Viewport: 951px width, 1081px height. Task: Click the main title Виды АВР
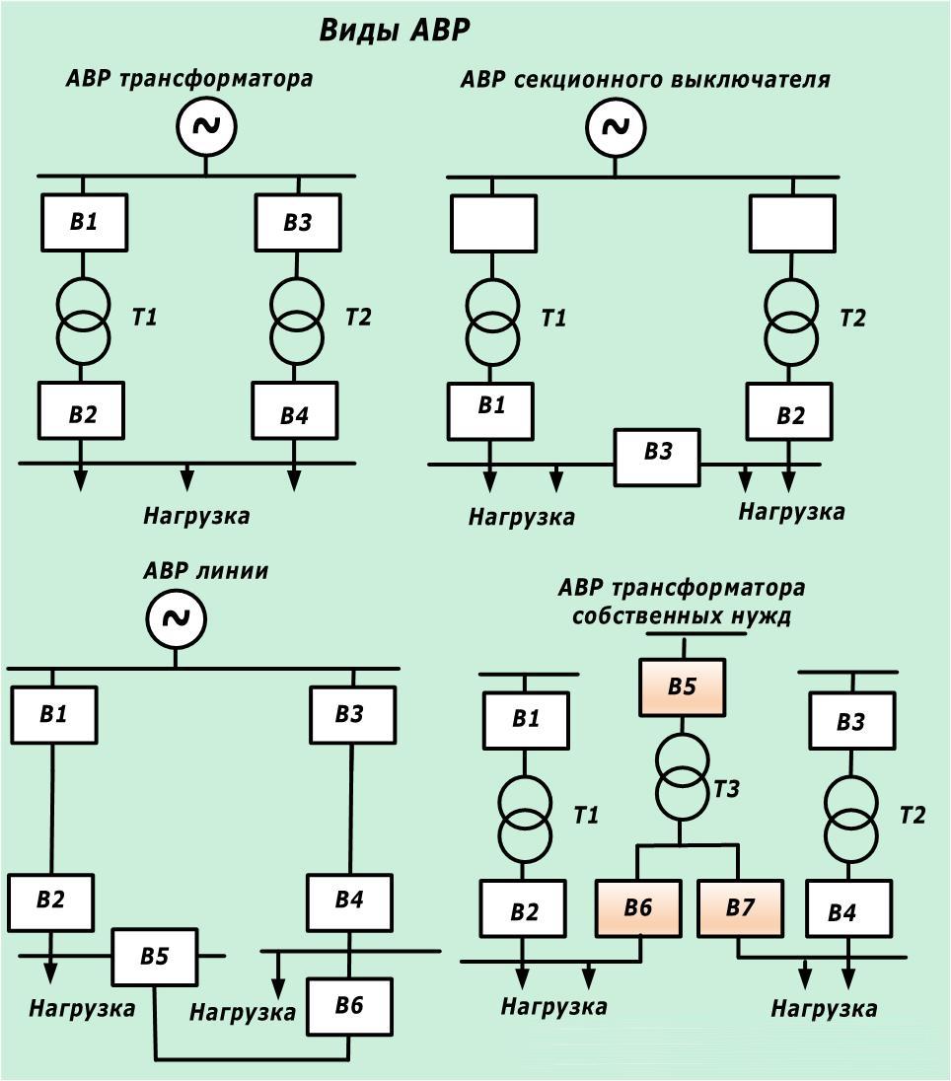click(x=395, y=31)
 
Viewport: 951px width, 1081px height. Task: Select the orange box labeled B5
click(x=683, y=687)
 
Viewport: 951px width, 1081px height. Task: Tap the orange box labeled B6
click(x=638, y=908)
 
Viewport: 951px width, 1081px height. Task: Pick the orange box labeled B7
click(x=740, y=908)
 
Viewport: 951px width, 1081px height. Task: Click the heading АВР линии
click(x=205, y=571)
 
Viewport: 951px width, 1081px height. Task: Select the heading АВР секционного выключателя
click(x=645, y=80)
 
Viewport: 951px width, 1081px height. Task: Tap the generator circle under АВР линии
click(x=176, y=618)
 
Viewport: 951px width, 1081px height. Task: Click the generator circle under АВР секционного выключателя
click(x=615, y=127)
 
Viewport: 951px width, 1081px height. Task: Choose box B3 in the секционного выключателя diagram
click(x=657, y=457)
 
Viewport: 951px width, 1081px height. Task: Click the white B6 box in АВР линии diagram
click(x=349, y=1006)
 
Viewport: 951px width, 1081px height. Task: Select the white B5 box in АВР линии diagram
click(x=154, y=957)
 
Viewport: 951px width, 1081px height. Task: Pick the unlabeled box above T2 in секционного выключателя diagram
click(x=792, y=223)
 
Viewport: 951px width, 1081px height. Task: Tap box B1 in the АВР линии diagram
click(x=54, y=714)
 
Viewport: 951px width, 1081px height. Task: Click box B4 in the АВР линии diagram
click(x=349, y=901)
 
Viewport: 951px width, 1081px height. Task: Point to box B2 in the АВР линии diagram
click(x=51, y=900)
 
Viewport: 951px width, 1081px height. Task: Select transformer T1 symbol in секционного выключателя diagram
click(x=491, y=324)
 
